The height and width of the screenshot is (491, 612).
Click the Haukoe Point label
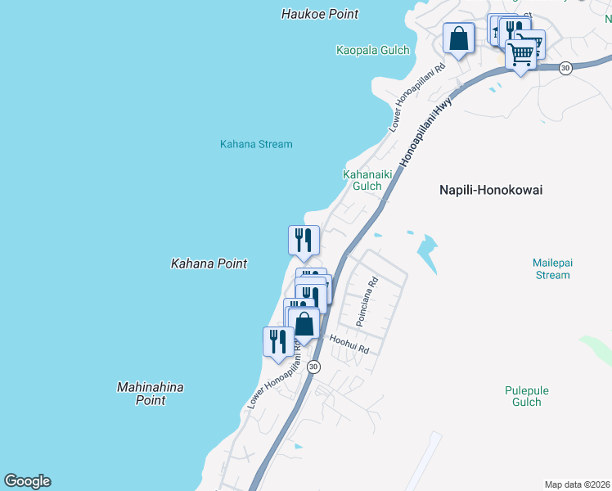tap(320, 14)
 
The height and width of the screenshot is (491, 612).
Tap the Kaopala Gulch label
tap(372, 50)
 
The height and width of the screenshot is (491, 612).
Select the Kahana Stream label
tap(256, 144)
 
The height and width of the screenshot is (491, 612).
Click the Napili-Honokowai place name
tap(491, 190)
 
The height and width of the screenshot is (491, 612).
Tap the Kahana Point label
tap(209, 264)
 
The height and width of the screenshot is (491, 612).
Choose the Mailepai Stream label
tap(551, 269)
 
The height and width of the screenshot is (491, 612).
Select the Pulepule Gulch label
tap(523, 396)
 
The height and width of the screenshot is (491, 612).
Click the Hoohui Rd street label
tap(349, 344)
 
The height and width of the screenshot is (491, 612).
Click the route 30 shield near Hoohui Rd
tap(313, 367)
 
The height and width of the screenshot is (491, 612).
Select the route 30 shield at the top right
tap(565, 69)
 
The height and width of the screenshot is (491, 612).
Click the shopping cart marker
tap(521, 54)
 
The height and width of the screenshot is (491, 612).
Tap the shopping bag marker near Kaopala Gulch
tap(459, 38)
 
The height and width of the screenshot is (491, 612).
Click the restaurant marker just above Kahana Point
tap(304, 240)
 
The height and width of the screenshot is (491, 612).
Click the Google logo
tap(27, 481)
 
